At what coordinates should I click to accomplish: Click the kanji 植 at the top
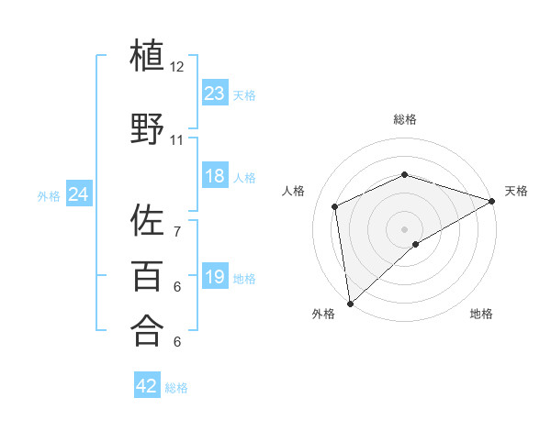(x=147, y=56)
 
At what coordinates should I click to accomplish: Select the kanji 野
(x=147, y=129)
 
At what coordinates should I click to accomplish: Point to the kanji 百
(x=147, y=276)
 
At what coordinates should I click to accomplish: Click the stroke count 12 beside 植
(x=177, y=67)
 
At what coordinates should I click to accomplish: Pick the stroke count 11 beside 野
(x=177, y=140)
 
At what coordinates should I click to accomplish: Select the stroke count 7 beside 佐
(x=177, y=221)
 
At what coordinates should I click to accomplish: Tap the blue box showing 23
(x=214, y=94)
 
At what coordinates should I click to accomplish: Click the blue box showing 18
(x=214, y=176)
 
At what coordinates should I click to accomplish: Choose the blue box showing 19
(x=214, y=277)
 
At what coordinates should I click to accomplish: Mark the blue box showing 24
(x=79, y=194)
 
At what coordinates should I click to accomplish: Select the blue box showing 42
(x=147, y=386)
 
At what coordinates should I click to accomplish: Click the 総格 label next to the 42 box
(x=176, y=388)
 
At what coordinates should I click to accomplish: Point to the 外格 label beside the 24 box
(x=49, y=196)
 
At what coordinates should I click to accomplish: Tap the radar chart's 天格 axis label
(x=516, y=191)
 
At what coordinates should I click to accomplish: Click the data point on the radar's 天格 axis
(x=492, y=201)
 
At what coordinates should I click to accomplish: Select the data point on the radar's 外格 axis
(x=350, y=303)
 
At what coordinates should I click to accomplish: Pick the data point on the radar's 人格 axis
(x=335, y=206)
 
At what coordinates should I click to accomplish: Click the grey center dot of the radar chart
(x=404, y=228)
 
